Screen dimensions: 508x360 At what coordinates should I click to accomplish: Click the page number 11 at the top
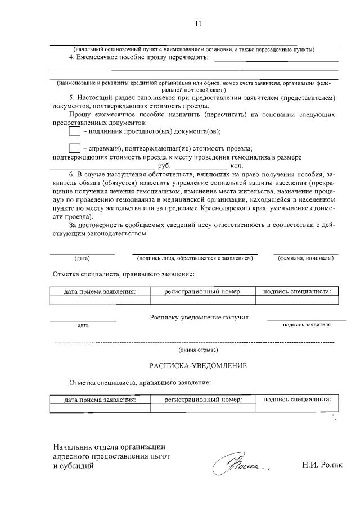(x=197, y=24)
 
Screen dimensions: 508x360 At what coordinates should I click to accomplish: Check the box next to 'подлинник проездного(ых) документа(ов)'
(x=74, y=131)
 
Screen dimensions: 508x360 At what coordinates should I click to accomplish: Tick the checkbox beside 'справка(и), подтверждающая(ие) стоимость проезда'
(x=74, y=148)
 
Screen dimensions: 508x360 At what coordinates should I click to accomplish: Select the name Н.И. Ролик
(x=322, y=466)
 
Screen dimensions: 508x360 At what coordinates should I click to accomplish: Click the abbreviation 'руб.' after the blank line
(x=164, y=166)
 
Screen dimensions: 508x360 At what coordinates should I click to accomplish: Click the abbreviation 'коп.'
(x=237, y=166)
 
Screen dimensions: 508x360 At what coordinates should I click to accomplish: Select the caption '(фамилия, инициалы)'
(x=305, y=258)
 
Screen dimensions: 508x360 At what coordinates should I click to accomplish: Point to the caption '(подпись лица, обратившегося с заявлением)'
(x=195, y=258)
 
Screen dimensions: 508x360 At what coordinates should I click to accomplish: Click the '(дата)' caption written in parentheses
(x=82, y=258)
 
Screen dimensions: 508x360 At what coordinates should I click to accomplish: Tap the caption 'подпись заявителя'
(x=307, y=324)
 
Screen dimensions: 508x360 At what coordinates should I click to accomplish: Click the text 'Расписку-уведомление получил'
(x=199, y=317)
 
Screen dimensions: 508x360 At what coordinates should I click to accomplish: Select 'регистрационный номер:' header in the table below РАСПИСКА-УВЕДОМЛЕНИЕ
(x=203, y=400)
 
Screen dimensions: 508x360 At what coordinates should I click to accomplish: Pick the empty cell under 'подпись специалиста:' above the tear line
(x=298, y=300)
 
